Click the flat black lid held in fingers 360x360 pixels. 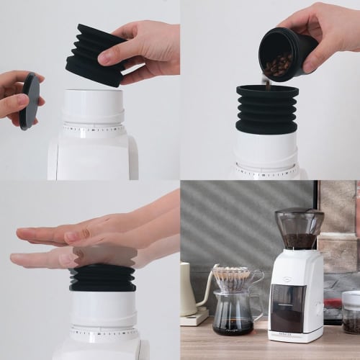[30, 101]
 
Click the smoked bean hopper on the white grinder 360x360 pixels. [300, 228]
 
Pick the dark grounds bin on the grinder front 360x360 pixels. [288, 307]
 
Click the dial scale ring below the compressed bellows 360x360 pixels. [104, 334]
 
